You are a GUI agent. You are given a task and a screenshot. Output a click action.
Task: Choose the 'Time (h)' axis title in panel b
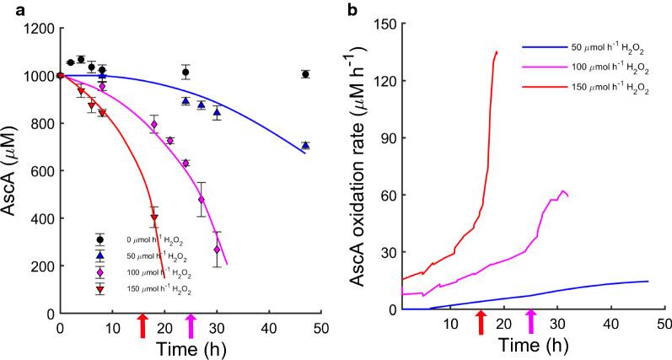[531, 345]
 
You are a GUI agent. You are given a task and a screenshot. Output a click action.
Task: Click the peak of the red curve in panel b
[497, 52]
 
